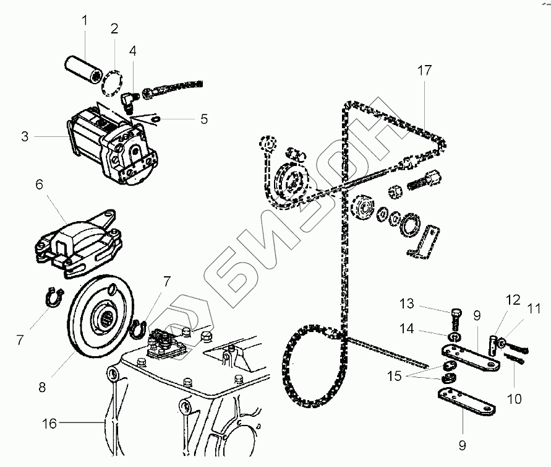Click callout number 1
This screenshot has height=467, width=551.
point(85,21)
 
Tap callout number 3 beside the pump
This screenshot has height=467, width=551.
point(25,136)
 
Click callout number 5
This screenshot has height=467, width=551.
point(203,118)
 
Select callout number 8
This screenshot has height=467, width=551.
point(42,388)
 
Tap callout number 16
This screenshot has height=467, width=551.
point(49,424)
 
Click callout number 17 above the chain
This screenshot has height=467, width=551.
point(424,71)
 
